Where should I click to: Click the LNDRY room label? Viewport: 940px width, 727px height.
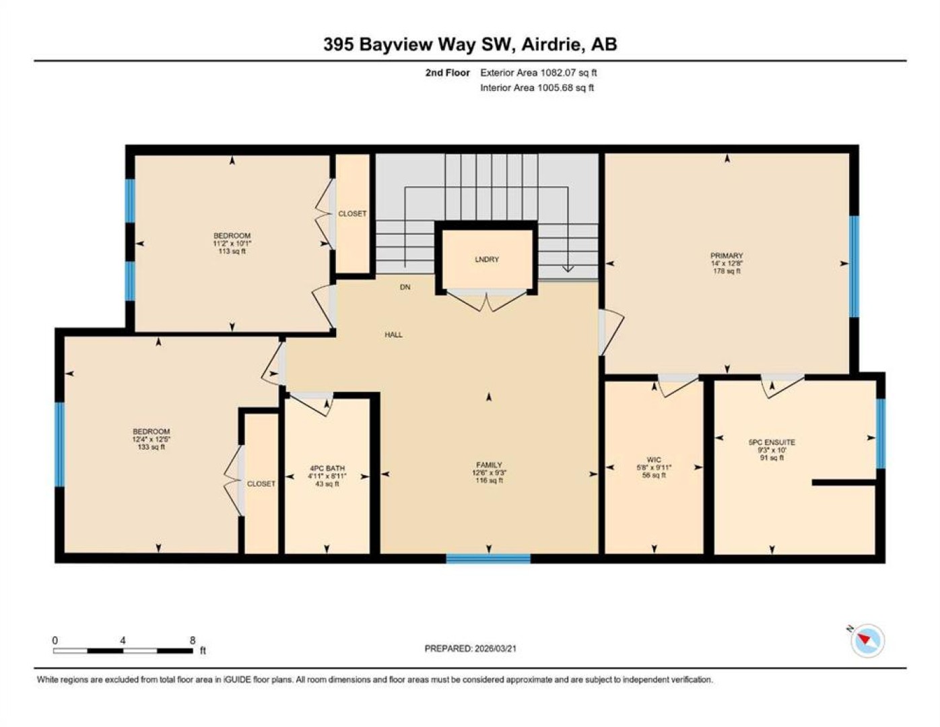coord(487,259)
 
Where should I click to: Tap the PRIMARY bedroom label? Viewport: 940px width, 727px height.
coord(727,256)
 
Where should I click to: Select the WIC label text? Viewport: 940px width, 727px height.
coord(654,460)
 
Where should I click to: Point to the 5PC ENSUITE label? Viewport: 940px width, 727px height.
coord(772,442)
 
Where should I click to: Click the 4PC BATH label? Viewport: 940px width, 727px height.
coord(327,469)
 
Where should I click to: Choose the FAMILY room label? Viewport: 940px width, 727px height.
coord(489,465)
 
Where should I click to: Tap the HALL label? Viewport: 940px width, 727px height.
coord(393,335)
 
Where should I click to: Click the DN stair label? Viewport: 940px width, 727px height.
coord(405,287)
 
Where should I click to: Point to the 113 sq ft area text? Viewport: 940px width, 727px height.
coord(232,251)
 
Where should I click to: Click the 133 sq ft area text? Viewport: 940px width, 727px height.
coord(151,447)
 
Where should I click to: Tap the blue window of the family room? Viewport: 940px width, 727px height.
coord(488,558)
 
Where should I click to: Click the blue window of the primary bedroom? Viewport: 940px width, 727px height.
coord(854,267)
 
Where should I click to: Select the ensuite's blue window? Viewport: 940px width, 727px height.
coord(881,434)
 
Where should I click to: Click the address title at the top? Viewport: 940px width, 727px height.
coord(470,44)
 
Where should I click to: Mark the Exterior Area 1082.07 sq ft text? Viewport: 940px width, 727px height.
coord(539,73)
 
